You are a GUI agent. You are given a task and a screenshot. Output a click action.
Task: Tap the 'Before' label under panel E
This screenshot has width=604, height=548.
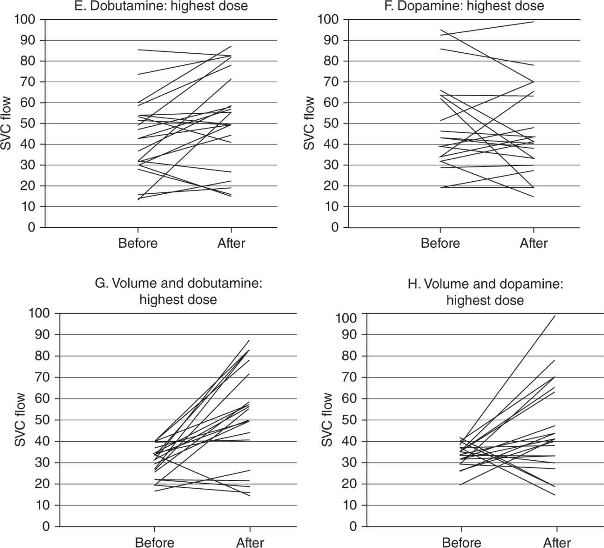tap(138, 243)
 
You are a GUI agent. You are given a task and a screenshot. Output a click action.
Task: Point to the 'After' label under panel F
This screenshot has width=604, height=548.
tap(534, 243)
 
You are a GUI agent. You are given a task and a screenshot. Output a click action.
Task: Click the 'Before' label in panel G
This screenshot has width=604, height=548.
tap(155, 542)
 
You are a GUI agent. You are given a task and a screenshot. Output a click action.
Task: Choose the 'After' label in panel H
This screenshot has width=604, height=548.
tap(556, 542)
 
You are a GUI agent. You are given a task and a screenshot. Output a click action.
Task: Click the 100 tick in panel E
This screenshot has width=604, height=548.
tap(26, 19)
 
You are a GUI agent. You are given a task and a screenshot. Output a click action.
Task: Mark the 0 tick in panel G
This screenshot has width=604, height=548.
tap(46, 527)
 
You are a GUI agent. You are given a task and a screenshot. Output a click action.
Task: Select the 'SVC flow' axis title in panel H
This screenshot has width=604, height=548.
tap(327, 420)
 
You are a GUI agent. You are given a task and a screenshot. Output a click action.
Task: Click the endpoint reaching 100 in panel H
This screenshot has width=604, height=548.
tap(556, 316)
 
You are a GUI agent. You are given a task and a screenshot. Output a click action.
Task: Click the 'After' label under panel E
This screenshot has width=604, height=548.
tap(231, 243)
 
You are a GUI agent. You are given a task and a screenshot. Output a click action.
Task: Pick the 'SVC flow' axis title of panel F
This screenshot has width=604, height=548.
tap(309, 123)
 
